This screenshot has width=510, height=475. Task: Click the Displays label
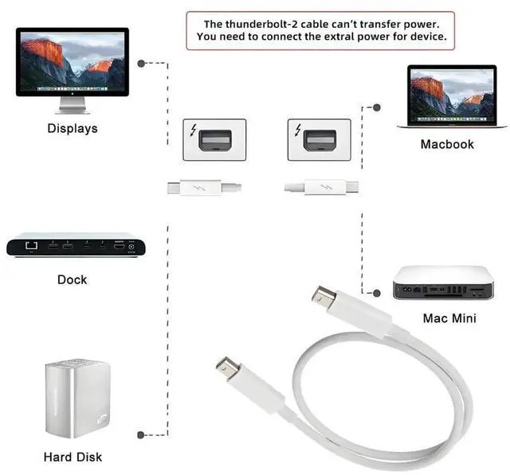pyautogui.click(x=73, y=128)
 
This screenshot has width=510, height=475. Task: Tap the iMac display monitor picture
pyautogui.click(x=73, y=64)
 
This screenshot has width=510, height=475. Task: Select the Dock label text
pyautogui.click(x=73, y=279)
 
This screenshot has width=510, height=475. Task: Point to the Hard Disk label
pyautogui.click(x=73, y=457)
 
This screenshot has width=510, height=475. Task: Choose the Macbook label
pyautogui.click(x=447, y=144)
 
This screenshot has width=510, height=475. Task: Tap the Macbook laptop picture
pyautogui.click(x=451, y=96)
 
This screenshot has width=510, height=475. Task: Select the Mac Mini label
pyautogui.click(x=449, y=318)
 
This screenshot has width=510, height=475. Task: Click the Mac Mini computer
pyautogui.click(x=449, y=282)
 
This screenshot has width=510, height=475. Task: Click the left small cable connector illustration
pyautogui.click(x=204, y=189)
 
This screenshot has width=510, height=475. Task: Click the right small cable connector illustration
pyautogui.click(x=322, y=189)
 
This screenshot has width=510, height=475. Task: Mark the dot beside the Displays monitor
pyautogui.click(x=141, y=62)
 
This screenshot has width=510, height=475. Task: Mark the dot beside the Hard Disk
pyautogui.click(x=141, y=434)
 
